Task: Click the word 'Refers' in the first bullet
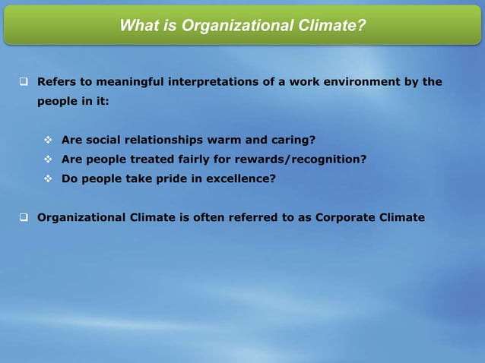point(58,81)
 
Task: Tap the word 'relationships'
point(173,140)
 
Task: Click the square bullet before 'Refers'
point(24,81)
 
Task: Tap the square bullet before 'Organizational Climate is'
point(24,217)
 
